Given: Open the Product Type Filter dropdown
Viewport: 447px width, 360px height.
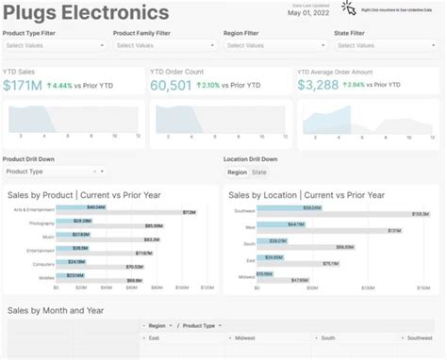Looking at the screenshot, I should click(x=53, y=44).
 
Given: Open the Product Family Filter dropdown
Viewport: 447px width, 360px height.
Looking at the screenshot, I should click(x=163, y=44).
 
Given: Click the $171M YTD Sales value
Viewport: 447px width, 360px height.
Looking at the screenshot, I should click(x=22, y=85).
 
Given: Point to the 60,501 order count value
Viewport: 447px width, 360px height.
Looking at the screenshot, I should click(x=171, y=85).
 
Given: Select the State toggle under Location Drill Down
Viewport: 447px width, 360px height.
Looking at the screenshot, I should click(x=258, y=172).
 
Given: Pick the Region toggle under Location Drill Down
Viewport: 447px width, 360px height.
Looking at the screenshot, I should click(x=238, y=172).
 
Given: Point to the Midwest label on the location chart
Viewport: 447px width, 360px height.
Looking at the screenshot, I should click(x=247, y=277).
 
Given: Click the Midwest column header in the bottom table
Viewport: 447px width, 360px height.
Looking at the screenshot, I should click(x=245, y=337).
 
